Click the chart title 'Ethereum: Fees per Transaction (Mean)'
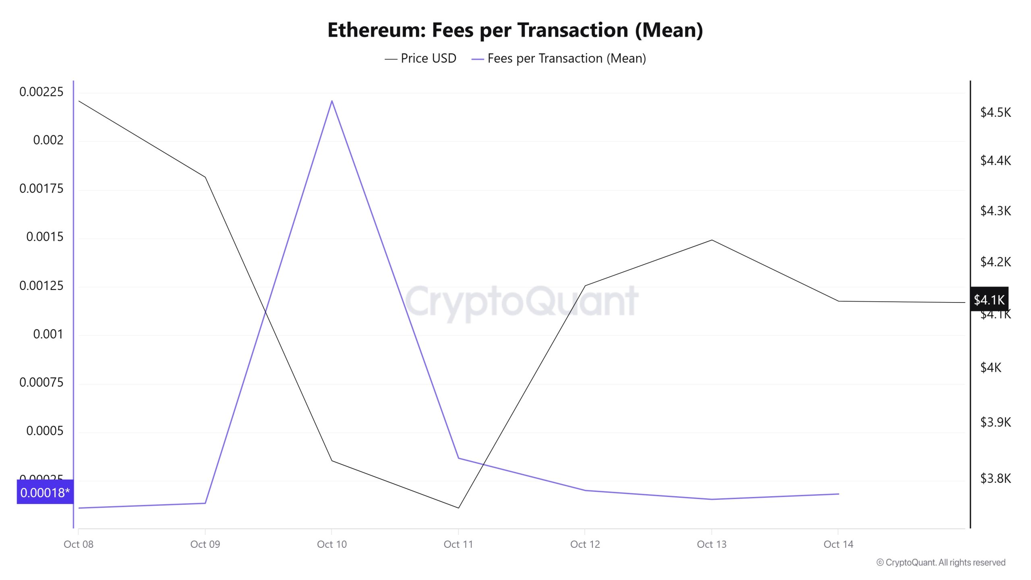515,30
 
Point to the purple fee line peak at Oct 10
332,101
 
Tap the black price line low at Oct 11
458,507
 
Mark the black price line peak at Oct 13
712,240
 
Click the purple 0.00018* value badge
45,492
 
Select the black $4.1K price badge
989,299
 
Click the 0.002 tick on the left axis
48,140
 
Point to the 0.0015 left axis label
45,237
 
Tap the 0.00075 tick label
41,382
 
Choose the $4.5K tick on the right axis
995,112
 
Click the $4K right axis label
990,367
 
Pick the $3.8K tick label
995,478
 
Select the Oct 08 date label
79,544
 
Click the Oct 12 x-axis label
585,544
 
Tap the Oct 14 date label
838,544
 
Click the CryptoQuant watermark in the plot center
521,301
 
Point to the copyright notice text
940,562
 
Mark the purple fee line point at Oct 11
458,458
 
